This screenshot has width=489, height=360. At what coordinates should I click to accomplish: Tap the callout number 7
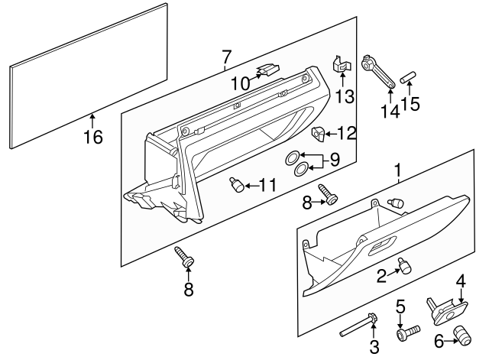click(226, 56)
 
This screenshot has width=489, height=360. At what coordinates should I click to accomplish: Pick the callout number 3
click(374, 348)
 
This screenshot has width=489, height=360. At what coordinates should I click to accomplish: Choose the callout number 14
click(390, 110)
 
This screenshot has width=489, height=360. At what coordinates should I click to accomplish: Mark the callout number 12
click(347, 134)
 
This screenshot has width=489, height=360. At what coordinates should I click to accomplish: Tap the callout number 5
click(400, 310)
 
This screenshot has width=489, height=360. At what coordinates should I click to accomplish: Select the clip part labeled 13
click(342, 66)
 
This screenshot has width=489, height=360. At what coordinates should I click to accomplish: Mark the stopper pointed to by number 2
click(405, 265)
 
